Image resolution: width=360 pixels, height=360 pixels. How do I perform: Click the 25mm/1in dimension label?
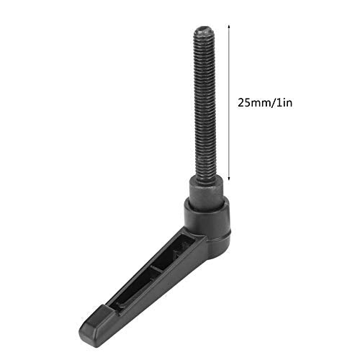[266, 102]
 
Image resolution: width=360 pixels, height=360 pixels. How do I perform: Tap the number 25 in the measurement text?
[244, 102]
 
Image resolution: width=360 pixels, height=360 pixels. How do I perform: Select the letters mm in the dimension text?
[261, 102]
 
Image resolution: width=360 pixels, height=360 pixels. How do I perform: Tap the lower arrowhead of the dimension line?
[229, 179]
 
